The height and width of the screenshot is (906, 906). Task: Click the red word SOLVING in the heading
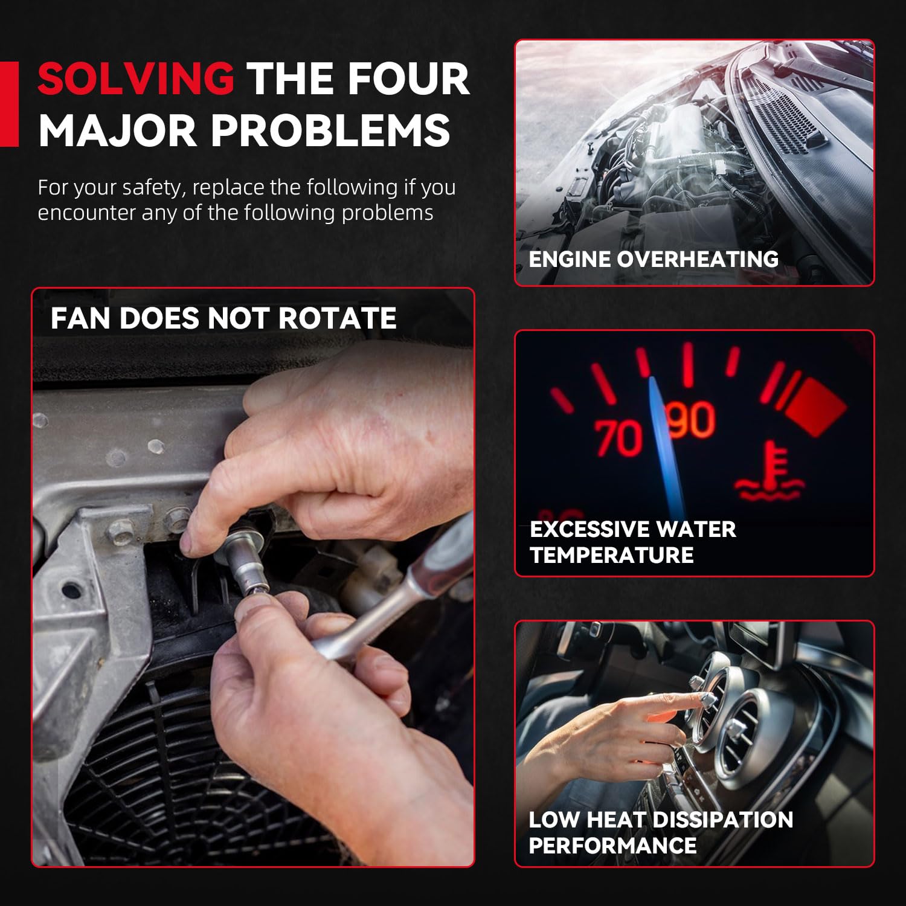(136, 79)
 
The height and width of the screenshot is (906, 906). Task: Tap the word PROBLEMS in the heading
(330, 130)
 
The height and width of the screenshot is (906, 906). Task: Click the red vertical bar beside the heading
(9, 104)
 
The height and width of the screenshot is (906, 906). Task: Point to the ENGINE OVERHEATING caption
(654, 259)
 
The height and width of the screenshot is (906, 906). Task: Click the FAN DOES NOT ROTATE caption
(223, 318)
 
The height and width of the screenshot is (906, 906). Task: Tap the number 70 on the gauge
(618, 437)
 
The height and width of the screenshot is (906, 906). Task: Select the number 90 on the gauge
(691, 419)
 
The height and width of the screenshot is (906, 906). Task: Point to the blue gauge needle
(665, 447)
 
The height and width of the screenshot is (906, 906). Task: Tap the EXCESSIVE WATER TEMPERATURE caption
(633, 542)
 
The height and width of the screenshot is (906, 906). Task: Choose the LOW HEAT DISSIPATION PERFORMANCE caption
(661, 832)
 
